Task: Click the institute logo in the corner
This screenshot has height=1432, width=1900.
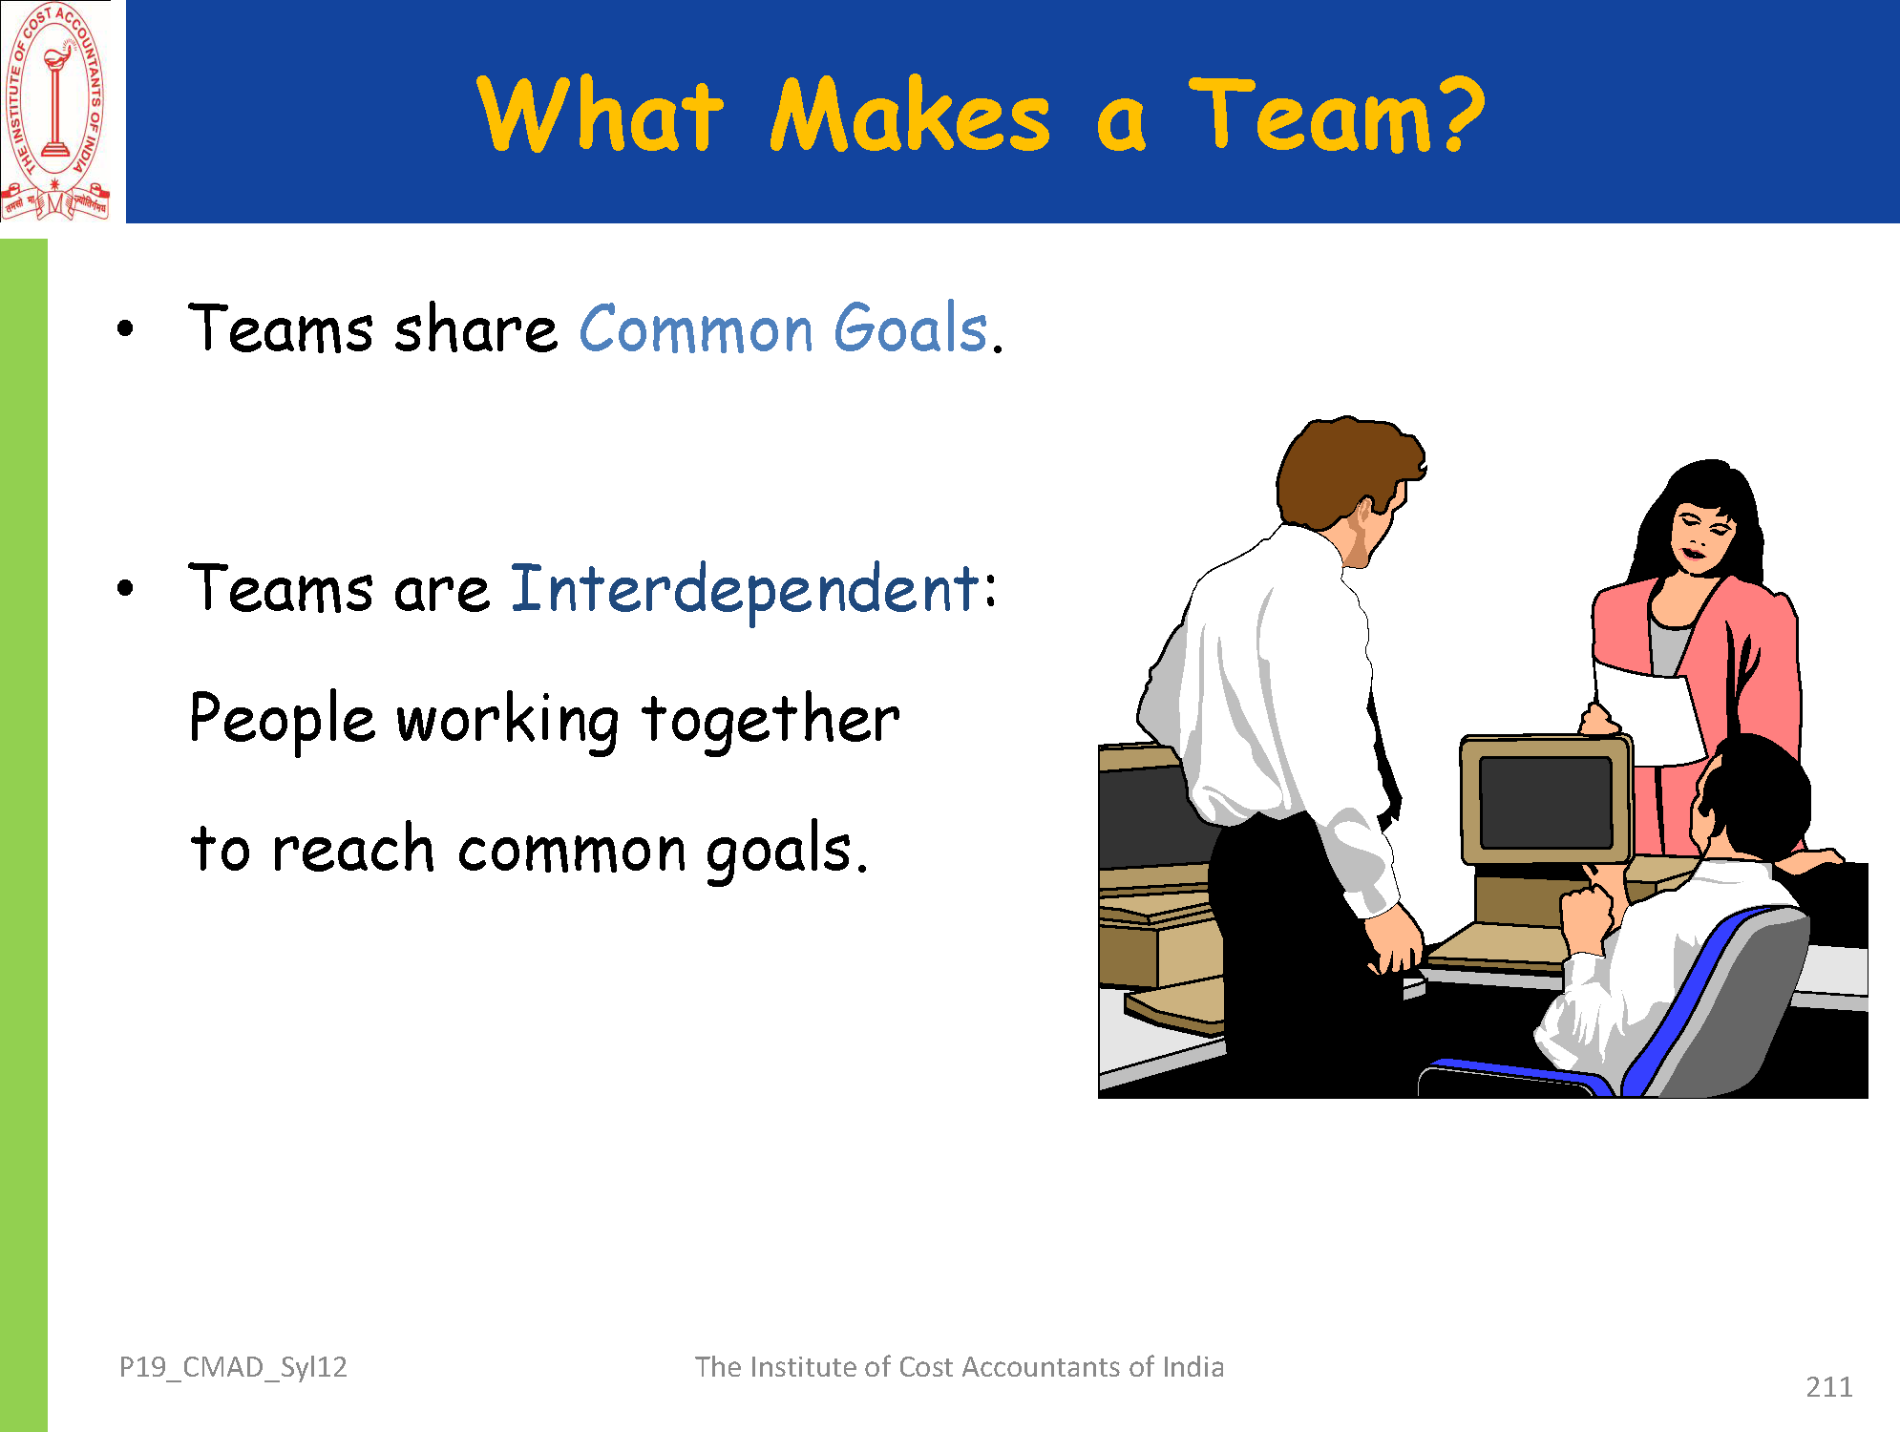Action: point(55,111)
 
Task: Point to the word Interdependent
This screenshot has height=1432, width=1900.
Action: point(746,590)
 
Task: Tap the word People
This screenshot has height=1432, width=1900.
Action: point(282,719)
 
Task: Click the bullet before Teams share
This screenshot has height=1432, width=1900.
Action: point(125,330)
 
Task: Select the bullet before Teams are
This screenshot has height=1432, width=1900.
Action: point(125,588)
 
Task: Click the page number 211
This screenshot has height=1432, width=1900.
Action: point(1828,1386)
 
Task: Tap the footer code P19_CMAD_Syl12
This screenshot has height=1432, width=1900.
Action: point(233,1368)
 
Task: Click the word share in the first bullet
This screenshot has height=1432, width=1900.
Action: point(475,328)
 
